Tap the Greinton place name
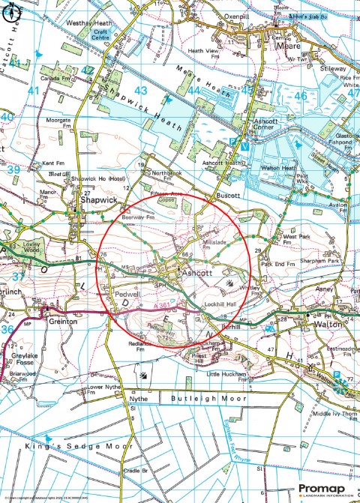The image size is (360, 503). click(x=63, y=321)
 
